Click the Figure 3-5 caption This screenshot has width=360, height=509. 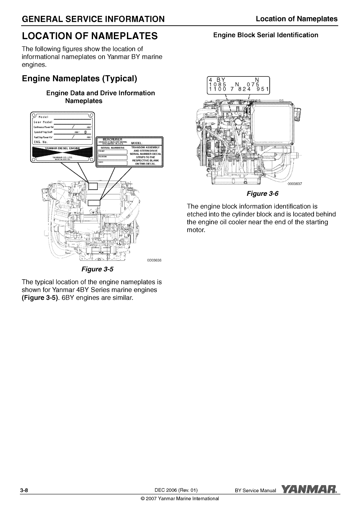[97, 269]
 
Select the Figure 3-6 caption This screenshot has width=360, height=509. [262, 194]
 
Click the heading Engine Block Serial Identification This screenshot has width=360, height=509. [265, 35]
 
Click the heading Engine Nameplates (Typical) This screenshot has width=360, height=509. [80, 78]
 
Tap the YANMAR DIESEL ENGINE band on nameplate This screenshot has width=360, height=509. [62, 149]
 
